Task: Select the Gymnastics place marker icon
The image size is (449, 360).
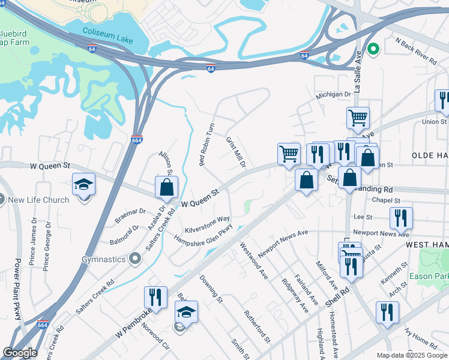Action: pyautogui.click(x=134, y=259)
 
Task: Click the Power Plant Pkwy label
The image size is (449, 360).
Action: pyautogui.click(x=17, y=288)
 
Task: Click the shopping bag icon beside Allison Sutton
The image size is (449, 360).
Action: pyautogui.click(x=166, y=187)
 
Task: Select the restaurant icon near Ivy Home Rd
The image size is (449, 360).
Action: pyautogui.click(x=387, y=312)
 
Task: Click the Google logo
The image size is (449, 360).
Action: pyautogui.click(x=20, y=353)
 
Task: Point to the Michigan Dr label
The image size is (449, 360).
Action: pyautogui.click(x=334, y=95)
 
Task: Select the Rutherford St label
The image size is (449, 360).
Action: pyautogui.click(x=258, y=327)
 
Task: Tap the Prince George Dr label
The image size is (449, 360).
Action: pyautogui.click(x=47, y=246)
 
